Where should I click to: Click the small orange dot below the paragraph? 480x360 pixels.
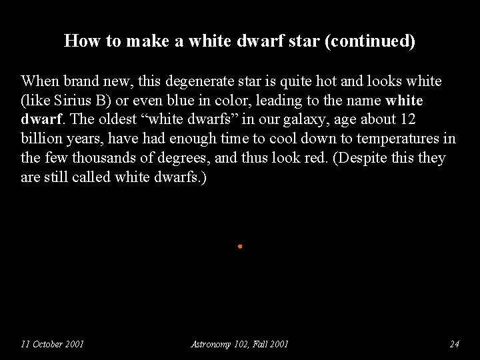pos(239,247)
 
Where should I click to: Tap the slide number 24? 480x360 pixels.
pos(455,344)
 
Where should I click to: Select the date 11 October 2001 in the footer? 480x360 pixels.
pos(52,344)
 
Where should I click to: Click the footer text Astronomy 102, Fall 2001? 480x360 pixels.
pos(240,344)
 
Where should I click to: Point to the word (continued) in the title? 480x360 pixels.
pos(374,41)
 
